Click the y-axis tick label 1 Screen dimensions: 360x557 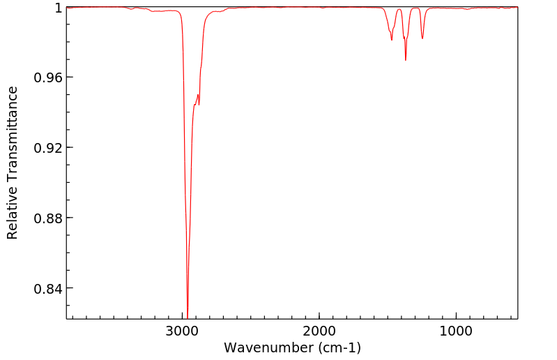pyautogui.click(x=59, y=8)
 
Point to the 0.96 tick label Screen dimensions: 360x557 pyautogui.click(x=48, y=77)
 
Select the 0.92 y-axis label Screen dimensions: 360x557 pyautogui.click(x=48, y=148)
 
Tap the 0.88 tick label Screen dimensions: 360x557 pyautogui.click(x=48, y=218)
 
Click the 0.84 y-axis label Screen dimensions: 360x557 pyautogui.click(x=48, y=289)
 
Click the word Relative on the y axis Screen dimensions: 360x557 pyautogui.click(x=13, y=209)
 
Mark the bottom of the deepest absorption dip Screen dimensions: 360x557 pyautogui.click(x=188, y=316)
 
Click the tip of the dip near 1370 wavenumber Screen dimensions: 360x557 pyautogui.click(x=406, y=60)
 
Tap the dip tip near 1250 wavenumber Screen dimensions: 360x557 pyautogui.click(x=422, y=38)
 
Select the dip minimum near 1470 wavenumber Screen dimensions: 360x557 pyautogui.click(x=392, y=40)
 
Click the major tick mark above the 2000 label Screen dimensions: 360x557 pyautogui.click(x=319, y=315)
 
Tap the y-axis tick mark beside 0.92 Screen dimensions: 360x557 pyautogui.click(x=69, y=148)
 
